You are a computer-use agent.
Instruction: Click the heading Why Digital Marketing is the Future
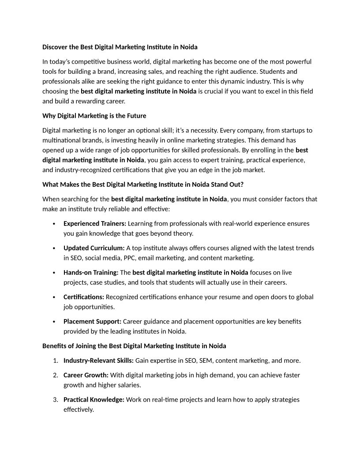point(94,116)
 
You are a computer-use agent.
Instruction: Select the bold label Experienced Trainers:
point(95,223)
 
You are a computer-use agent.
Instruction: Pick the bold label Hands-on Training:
point(91,272)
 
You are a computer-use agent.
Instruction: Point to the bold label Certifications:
point(84,297)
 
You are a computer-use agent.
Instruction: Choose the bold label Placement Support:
point(92,321)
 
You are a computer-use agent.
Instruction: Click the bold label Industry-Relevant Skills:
point(98,361)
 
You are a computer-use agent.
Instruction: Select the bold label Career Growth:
point(86,375)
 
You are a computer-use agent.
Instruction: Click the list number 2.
point(56,375)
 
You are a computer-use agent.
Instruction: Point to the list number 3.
point(56,399)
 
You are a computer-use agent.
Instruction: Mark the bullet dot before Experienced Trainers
point(53,224)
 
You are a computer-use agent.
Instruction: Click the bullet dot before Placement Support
point(53,322)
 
